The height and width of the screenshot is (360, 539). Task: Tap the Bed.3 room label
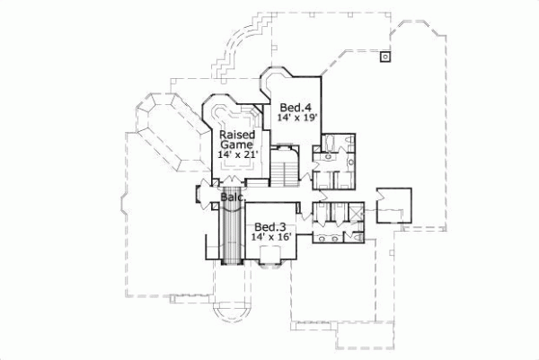269,226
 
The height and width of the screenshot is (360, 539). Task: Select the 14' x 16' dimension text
271,238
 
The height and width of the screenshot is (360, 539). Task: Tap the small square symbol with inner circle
384,56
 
